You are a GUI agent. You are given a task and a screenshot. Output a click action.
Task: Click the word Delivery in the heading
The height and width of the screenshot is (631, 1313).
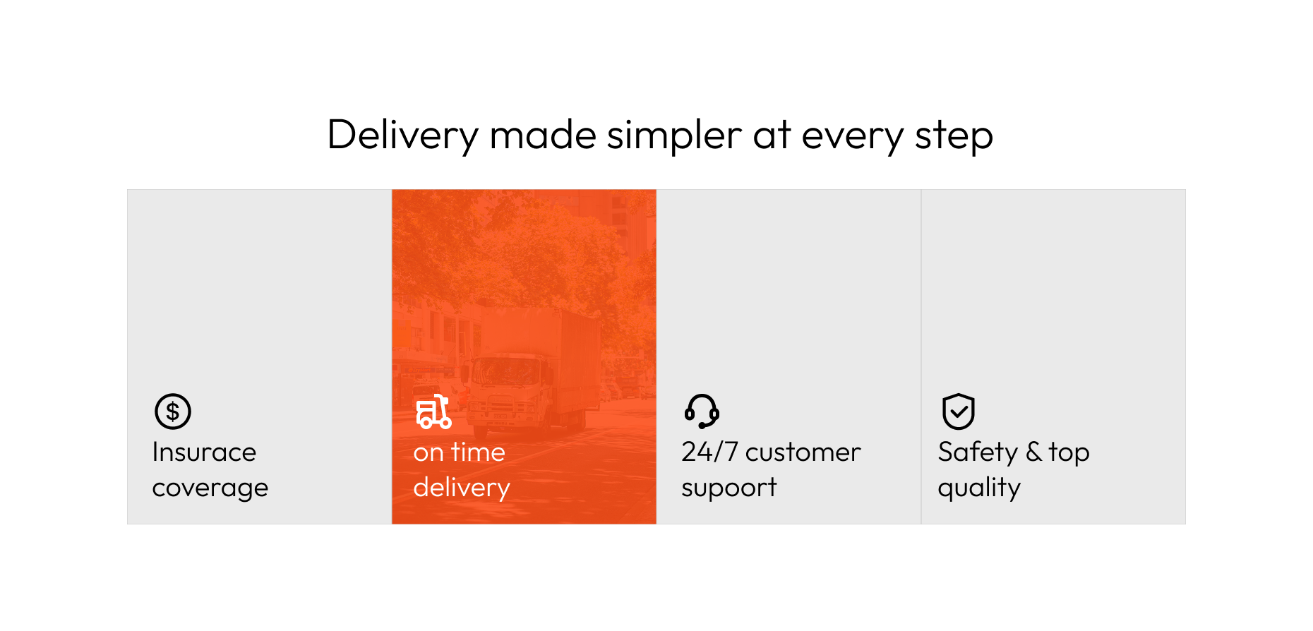pos(403,136)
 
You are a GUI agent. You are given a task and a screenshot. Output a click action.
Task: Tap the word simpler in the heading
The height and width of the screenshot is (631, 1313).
pos(674,136)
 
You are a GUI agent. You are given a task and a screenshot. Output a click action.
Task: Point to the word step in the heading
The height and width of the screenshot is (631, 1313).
pos(954,137)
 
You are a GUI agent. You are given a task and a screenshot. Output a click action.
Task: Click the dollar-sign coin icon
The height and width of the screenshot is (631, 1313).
pos(173,411)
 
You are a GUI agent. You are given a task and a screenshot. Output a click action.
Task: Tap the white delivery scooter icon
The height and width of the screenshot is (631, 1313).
pos(433,411)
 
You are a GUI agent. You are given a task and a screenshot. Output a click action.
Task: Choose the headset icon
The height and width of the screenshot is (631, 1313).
pos(702,411)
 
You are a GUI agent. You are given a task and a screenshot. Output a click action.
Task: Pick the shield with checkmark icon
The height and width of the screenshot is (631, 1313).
pos(959,411)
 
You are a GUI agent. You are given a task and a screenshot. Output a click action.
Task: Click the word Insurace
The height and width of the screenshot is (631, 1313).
pos(205,452)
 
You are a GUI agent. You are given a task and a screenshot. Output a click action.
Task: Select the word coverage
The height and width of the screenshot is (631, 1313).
pos(210,488)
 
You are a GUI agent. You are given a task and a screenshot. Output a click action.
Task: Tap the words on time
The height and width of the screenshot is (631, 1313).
pos(460,452)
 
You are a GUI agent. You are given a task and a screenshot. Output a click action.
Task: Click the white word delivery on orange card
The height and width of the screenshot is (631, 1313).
pos(462,488)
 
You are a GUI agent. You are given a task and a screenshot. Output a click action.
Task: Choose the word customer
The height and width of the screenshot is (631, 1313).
pos(803,452)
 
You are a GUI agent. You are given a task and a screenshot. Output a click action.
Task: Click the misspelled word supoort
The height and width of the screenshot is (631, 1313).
pos(729,488)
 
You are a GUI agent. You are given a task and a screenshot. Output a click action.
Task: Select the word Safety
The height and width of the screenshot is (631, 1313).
pos(978,452)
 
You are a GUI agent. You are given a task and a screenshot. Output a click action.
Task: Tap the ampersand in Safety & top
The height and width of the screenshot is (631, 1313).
pos(1033,452)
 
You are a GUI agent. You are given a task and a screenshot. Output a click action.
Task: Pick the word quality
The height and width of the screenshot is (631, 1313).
pos(979,488)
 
